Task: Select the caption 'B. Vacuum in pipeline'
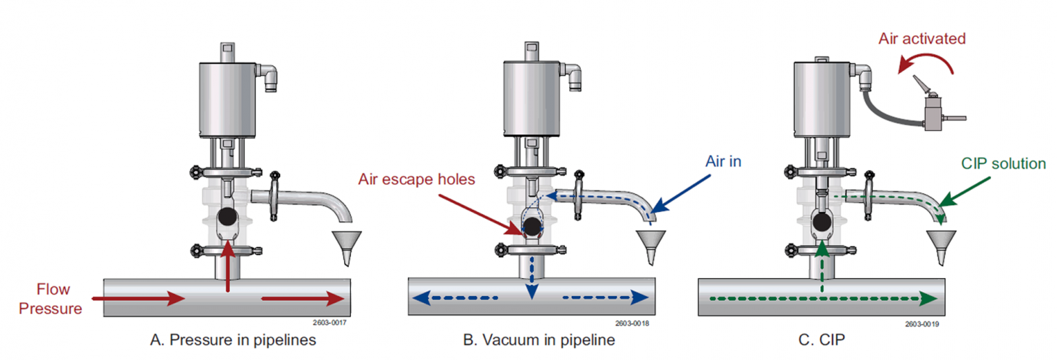[x=539, y=341]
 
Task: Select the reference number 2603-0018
[x=632, y=322]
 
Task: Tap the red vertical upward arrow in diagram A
[x=227, y=265]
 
